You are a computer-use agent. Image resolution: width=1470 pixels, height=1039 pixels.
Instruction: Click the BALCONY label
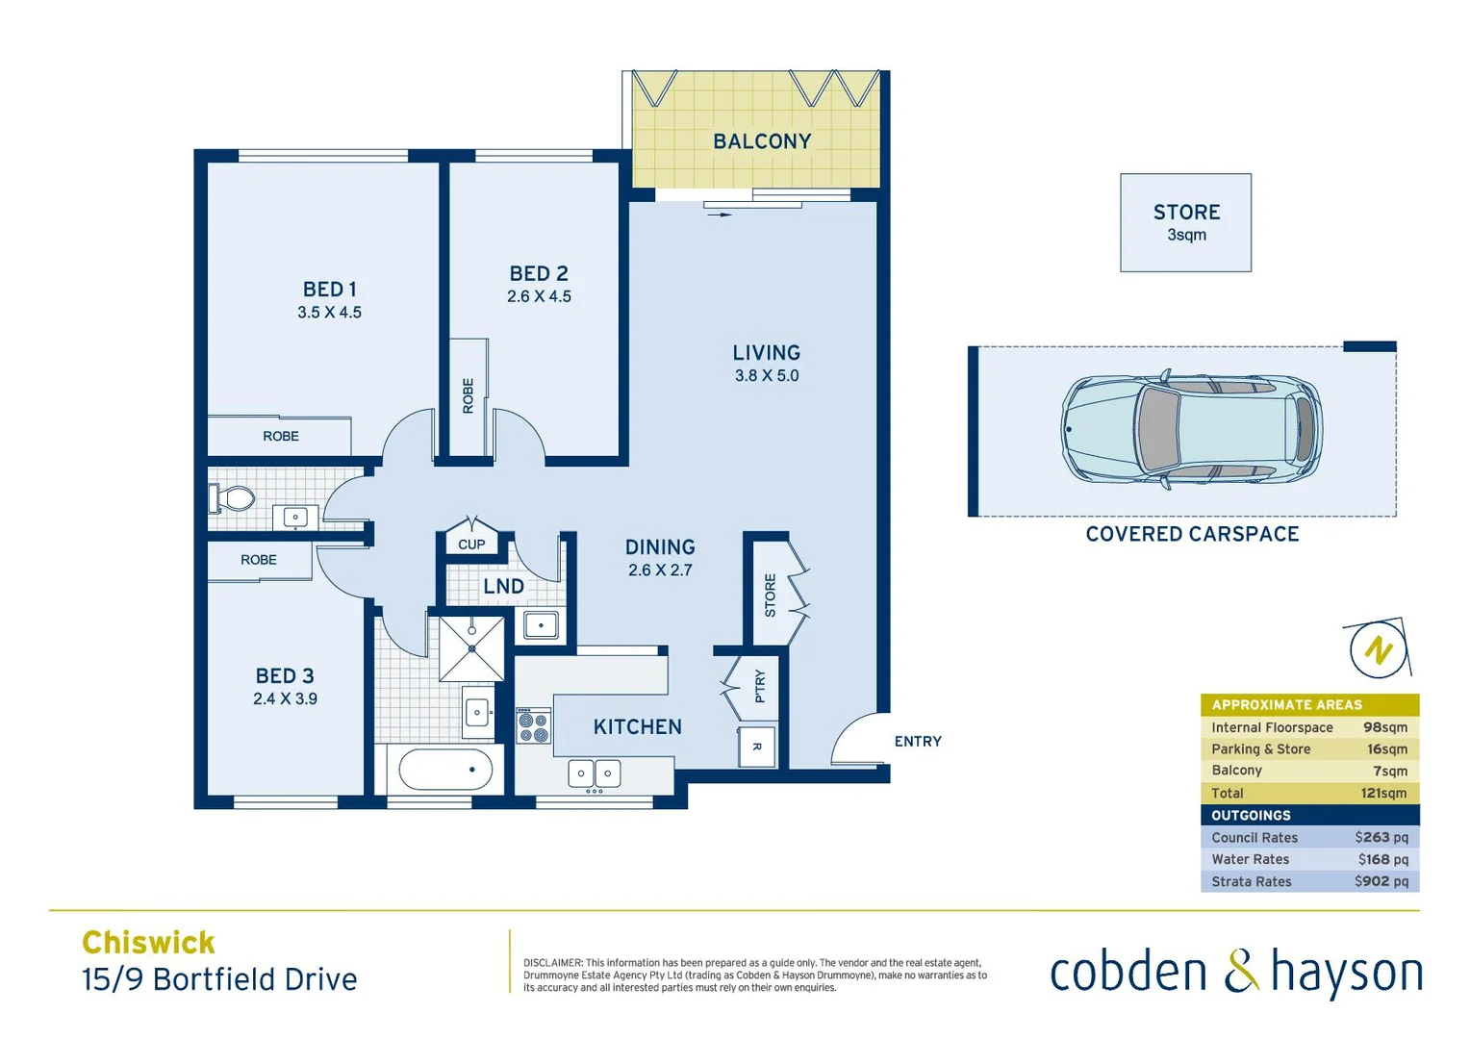(762, 141)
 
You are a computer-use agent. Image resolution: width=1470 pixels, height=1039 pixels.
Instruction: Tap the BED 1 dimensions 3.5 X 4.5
(329, 313)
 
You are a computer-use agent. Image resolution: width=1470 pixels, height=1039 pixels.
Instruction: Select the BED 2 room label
(539, 274)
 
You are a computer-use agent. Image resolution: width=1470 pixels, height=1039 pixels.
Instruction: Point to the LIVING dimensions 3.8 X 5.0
(767, 376)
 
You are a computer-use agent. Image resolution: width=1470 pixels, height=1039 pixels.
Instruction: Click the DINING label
(660, 547)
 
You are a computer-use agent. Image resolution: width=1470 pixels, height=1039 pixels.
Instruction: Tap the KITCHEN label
(637, 727)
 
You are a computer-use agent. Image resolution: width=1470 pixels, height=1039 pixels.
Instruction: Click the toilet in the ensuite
(231, 498)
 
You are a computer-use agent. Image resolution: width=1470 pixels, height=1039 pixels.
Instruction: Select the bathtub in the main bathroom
(445, 770)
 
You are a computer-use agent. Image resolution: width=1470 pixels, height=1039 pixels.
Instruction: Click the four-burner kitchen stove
(534, 725)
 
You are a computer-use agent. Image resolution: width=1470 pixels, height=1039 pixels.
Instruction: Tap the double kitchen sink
(595, 773)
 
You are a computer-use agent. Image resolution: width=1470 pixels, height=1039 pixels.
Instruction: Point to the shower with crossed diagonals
(471, 648)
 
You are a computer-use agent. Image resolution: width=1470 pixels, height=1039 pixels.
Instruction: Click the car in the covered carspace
(1191, 429)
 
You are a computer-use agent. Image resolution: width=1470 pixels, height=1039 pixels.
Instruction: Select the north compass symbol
(1378, 650)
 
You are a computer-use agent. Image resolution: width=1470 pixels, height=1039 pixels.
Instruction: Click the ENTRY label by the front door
(918, 742)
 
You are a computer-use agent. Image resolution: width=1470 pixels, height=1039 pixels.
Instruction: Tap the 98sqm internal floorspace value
(1384, 728)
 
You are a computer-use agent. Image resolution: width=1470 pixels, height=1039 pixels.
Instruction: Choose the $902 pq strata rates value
(1381, 881)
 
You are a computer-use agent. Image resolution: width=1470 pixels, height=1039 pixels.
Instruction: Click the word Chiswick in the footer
(148, 943)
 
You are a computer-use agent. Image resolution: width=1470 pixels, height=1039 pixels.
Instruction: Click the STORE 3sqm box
(1185, 223)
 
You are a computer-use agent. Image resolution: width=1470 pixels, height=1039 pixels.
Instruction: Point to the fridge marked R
(757, 748)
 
